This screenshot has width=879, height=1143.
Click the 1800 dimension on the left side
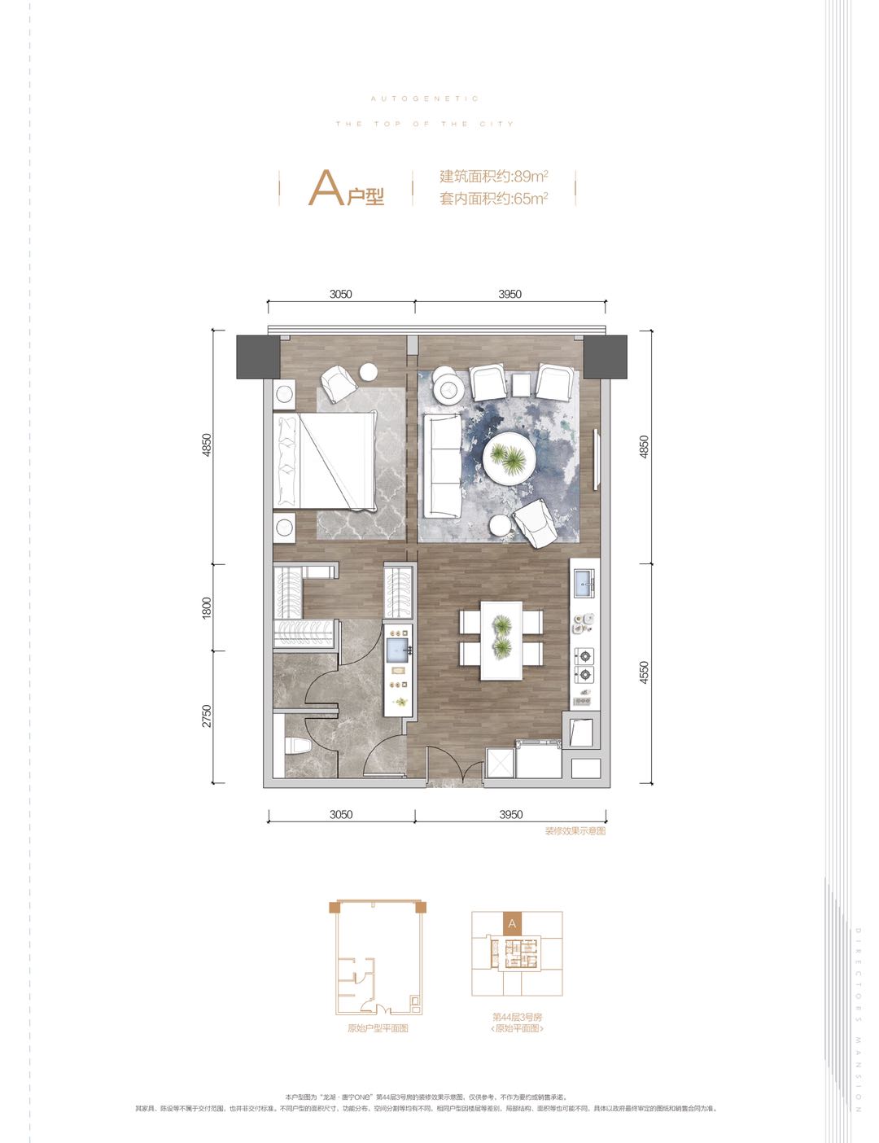click(207, 607)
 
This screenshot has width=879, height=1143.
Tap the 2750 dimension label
click(207, 716)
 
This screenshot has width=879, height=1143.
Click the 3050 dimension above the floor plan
click(341, 294)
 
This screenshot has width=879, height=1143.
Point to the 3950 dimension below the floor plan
click(510, 814)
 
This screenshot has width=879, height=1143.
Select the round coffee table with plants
click(509, 459)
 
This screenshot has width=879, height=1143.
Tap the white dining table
click(501, 640)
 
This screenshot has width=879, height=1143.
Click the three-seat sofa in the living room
click(442, 466)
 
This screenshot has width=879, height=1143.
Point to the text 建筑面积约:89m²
click(493, 176)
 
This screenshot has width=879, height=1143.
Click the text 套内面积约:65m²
click(493, 198)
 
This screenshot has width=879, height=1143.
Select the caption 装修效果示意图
click(575, 831)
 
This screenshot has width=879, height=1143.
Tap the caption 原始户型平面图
click(378, 1028)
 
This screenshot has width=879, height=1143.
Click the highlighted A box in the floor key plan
click(512, 924)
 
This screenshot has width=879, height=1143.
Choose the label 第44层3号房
click(517, 1017)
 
